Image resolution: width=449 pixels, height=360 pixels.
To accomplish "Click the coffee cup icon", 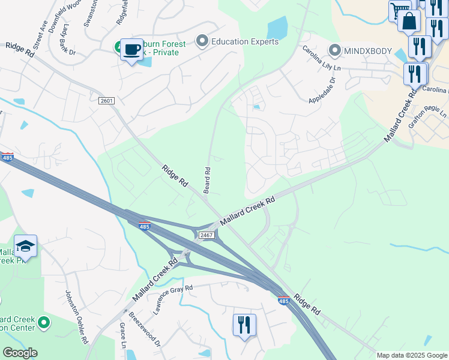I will coord(131,49).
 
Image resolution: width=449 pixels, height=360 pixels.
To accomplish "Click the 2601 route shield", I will coord(106,100).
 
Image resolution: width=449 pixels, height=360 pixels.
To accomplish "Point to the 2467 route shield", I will coord(206,235).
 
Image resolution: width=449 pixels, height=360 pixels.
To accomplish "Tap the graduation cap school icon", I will coord(25,246).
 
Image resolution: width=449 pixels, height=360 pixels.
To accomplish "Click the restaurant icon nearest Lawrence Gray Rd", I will coord(244,325).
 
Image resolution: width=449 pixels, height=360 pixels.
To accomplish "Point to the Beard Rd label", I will coord(207,180).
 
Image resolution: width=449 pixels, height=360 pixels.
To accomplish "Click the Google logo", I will coord(20,353).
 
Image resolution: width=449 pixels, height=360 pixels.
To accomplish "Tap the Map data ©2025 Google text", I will coord(411,355).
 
